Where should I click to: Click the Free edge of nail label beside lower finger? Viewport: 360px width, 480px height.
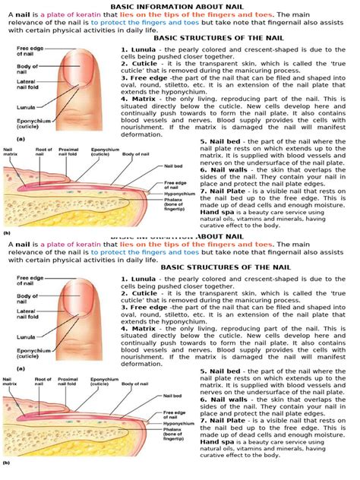tap(27, 281)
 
